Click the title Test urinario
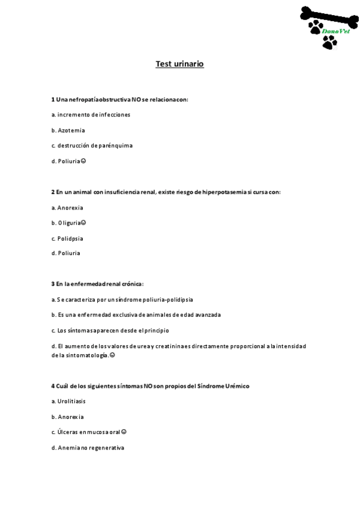click(x=179, y=64)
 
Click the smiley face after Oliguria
click(x=83, y=223)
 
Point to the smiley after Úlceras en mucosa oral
click(x=124, y=432)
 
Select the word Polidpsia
click(x=70, y=238)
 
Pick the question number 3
click(x=53, y=283)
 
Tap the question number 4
click(x=53, y=386)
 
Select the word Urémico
click(x=238, y=386)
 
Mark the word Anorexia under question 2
click(x=71, y=208)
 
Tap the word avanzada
click(x=206, y=315)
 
